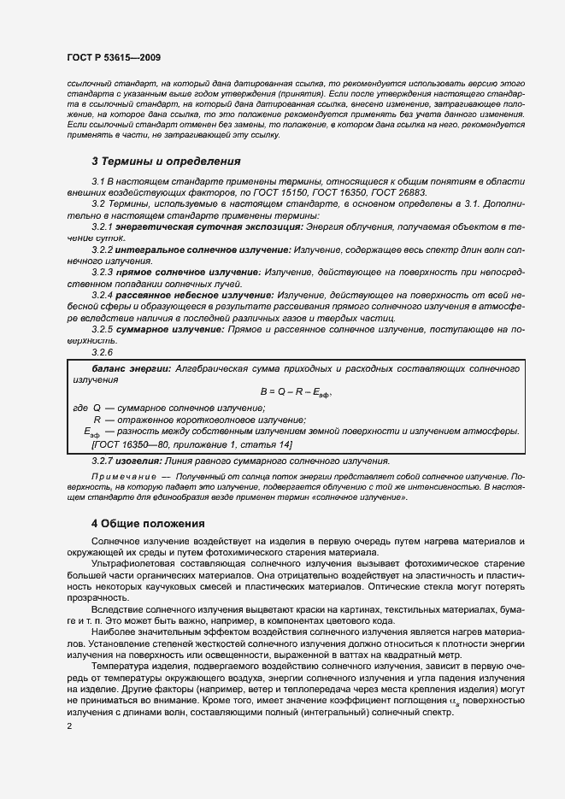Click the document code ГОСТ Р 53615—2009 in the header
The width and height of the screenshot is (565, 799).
(x=113, y=56)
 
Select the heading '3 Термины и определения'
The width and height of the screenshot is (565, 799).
(x=154, y=161)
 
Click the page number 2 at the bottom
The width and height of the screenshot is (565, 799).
(x=68, y=726)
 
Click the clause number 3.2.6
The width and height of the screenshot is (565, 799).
(x=102, y=352)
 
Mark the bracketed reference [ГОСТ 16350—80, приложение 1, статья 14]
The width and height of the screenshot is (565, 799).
(x=191, y=445)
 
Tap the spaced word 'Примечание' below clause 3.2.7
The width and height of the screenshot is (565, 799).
(x=123, y=476)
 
